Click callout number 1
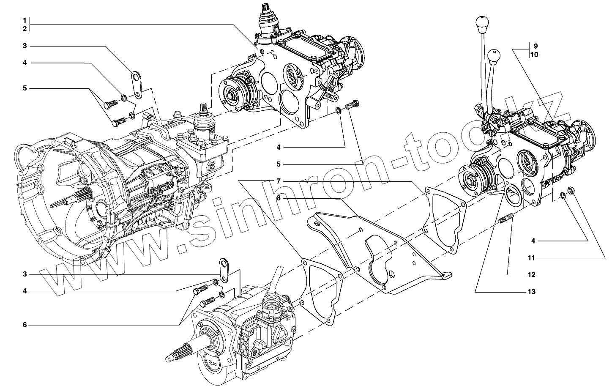[25, 20]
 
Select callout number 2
[25, 29]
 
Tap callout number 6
[25, 325]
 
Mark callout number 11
[532, 257]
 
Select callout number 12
[532, 275]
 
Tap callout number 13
[532, 292]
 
